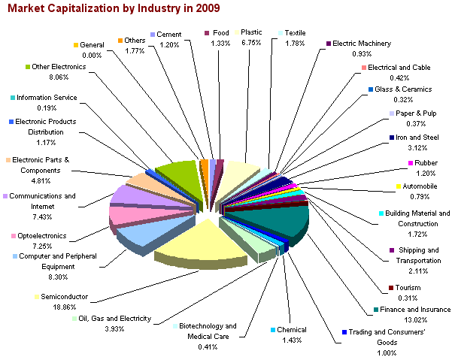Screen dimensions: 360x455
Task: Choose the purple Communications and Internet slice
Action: coord(129,195)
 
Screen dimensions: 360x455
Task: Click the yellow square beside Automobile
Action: coord(399,186)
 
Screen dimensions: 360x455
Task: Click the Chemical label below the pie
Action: coord(292,329)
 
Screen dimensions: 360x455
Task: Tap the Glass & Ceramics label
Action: coord(408,89)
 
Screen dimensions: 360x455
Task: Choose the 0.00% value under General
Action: coord(92,55)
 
